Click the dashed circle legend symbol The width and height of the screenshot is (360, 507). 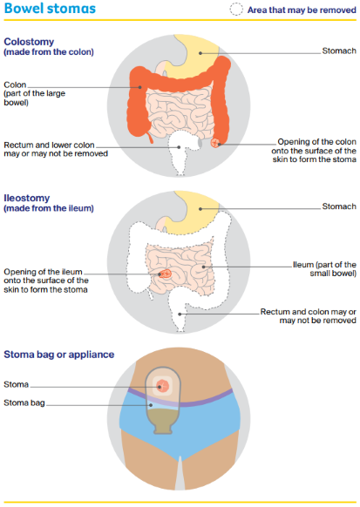[x=236, y=10]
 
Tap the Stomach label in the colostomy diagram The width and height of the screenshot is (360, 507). [x=339, y=51]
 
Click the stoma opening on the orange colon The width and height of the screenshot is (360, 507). [x=214, y=142]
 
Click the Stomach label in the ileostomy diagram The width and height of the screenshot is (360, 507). [x=339, y=206]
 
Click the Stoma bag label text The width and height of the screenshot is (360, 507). [x=24, y=403]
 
